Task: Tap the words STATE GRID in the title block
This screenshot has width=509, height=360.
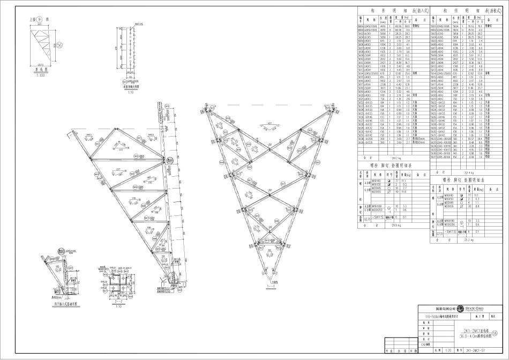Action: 474,309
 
